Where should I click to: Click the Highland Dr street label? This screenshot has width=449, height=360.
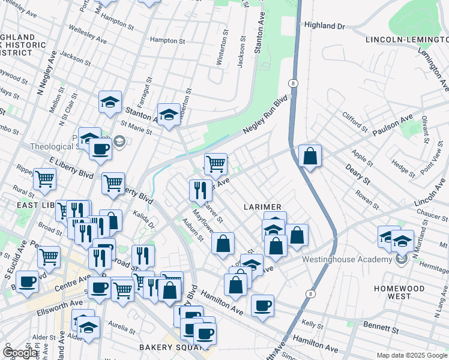325,26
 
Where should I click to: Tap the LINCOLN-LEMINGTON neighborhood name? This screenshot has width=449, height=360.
406,40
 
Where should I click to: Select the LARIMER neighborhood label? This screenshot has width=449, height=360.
262,207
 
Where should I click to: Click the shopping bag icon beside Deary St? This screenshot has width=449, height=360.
310,156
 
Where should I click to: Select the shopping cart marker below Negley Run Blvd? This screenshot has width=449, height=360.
215,163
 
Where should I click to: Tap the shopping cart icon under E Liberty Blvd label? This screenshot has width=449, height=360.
113,184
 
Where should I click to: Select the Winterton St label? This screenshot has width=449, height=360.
224,52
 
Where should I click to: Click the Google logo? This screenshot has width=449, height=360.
20,353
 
